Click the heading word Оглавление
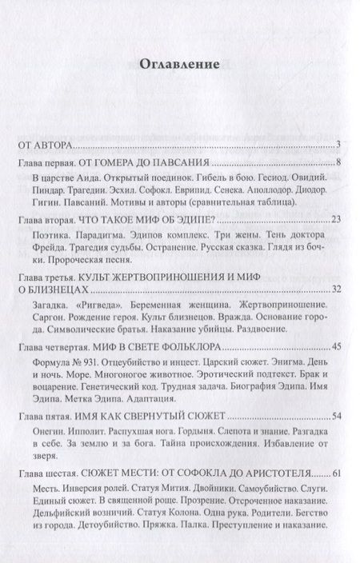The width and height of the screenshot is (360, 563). (180, 66)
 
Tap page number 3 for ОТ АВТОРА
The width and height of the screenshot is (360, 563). (339, 144)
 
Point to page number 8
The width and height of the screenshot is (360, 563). (339, 163)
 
